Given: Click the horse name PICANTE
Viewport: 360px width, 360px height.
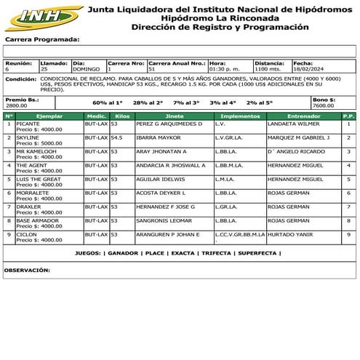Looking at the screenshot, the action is pos(28,124).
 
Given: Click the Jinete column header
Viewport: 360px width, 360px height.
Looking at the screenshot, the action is pos(174,116).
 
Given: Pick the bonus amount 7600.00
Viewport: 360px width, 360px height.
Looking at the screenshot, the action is pos(324,105).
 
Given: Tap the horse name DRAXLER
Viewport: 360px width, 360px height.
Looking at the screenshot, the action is pos(28,207).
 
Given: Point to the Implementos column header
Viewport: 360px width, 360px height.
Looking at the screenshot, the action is pos(239,116).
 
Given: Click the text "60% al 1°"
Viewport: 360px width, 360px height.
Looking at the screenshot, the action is pos(108,103).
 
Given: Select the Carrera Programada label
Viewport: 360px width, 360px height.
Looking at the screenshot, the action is pos(42,39).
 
